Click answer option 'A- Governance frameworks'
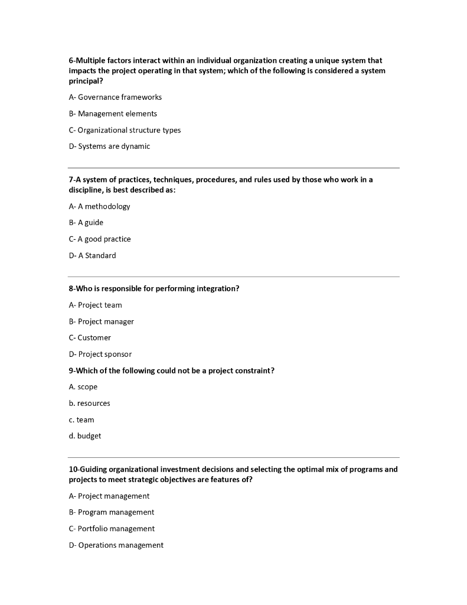tap(115, 97)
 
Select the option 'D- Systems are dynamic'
tap(109, 147)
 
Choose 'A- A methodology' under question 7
tap(99, 206)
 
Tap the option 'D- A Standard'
tap(92, 256)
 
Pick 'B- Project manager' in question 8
tap(101, 322)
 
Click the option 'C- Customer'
tap(90, 338)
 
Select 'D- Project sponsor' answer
tap(100, 354)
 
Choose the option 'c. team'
tap(81, 420)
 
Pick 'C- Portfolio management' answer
tap(112, 529)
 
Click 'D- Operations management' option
tap(116, 545)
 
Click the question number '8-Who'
tap(80, 289)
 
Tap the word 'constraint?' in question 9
tap(254, 371)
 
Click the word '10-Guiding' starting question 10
tap(88, 470)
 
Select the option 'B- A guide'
tap(86, 223)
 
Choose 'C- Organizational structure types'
tap(125, 130)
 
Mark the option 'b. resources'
tap(89, 404)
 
